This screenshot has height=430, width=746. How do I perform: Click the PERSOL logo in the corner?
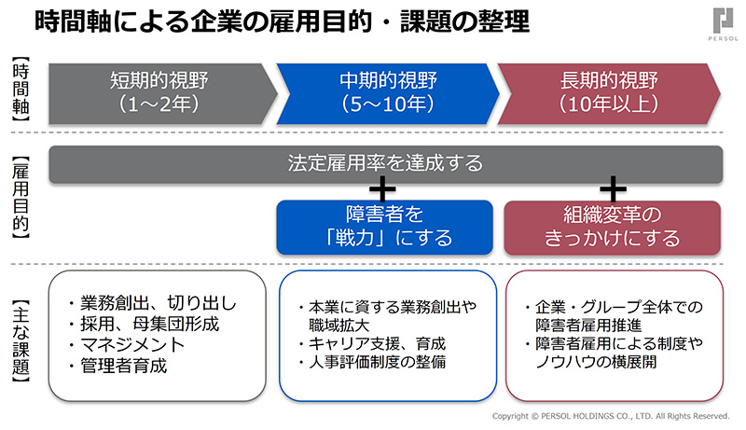(724, 24)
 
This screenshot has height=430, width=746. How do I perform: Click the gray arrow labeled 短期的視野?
(162, 93)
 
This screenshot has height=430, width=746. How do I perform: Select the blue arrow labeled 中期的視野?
(388, 93)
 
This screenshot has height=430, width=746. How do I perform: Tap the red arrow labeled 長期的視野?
(609, 93)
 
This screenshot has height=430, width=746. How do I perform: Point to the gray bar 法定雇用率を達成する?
(385, 163)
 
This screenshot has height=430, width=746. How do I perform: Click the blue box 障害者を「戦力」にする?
(384, 227)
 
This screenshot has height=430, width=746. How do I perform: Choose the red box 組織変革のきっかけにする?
(613, 228)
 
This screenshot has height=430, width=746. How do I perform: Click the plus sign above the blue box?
(382, 189)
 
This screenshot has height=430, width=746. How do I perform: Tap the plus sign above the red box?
(613, 189)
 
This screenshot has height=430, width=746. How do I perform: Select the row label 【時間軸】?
(21, 89)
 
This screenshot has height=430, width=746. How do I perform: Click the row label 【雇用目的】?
(21, 198)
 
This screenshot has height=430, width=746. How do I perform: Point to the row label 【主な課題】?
(21, 341)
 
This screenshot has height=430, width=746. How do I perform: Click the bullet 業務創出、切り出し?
(152, 303)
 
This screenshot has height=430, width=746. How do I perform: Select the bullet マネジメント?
(127, 345)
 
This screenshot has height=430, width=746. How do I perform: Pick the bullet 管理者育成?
(117, 366)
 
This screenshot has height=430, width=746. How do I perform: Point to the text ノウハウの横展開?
(596, 362)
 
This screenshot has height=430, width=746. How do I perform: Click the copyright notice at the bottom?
(611, 416)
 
